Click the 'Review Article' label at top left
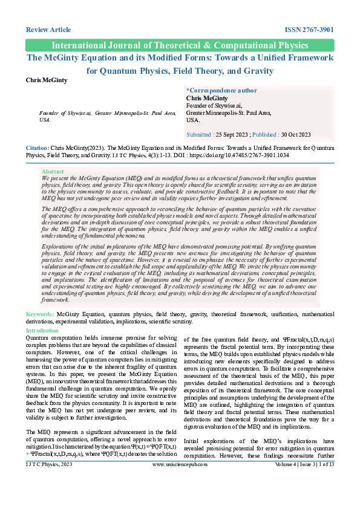tap(48, 30)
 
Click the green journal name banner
tap(180, 45)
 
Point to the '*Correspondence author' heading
tap(221, 89)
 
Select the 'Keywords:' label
tap(40, 315)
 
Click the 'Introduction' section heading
tap(42, 331)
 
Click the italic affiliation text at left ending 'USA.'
tap(107, 116)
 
